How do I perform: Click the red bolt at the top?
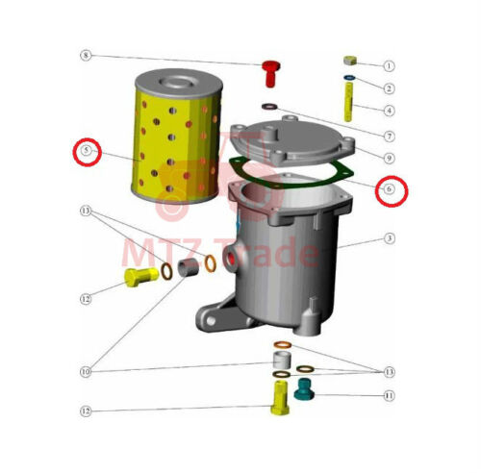click(x=271, y=73)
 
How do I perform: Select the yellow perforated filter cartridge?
click(x=177, y=137)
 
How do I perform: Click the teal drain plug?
click(x=303, y=388)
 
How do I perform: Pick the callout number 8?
click(x=86, y=56)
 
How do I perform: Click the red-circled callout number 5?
click(x=87, y=151)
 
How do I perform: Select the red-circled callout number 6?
click(x=389, y=189)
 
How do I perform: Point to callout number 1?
click(x=389, y=66)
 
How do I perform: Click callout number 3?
click(x=389, y=238)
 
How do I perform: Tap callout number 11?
click(x=389, y=396)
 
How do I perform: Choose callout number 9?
click(x=389, y=158)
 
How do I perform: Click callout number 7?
click(x=389, y=137)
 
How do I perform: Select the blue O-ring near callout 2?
click(x=349, y=78)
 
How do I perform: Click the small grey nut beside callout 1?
click(x=350, y=60)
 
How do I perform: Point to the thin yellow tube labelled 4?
click(x=348, y=102)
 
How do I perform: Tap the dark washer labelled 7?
click(x=269, y=106)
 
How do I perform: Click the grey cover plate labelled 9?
click(x=292, y=140)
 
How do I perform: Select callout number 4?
click(x=389, y=111)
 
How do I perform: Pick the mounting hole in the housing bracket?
click(x=211, y=320)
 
